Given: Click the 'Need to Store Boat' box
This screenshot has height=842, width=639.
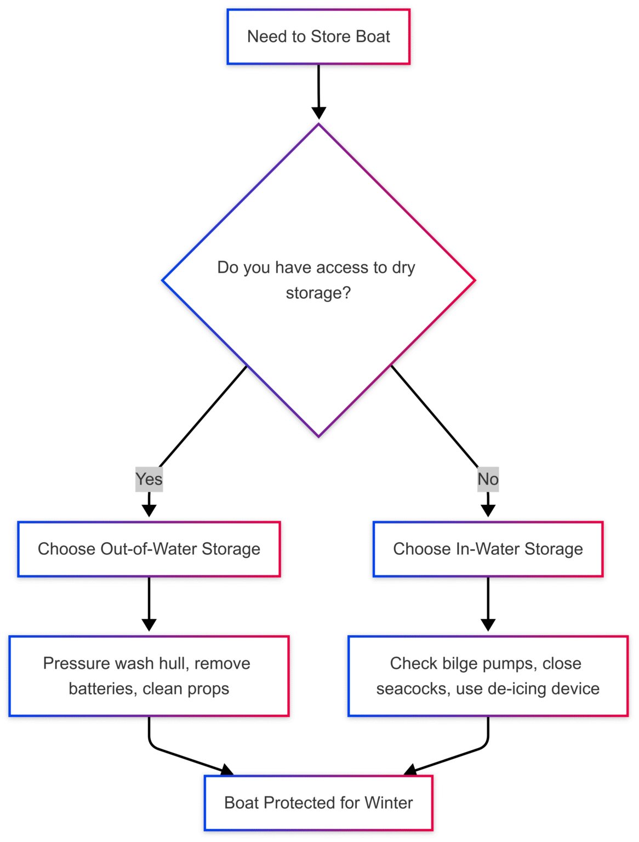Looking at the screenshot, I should (318, 37).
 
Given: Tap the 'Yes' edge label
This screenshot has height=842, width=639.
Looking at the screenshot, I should (149, 479).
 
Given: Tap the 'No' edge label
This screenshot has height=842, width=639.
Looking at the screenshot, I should (488, 479).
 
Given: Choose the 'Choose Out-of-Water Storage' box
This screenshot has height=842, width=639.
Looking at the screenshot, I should (149, 549).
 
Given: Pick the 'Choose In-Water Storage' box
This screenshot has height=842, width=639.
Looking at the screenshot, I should (488, 549).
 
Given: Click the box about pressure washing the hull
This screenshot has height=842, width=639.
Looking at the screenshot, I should (149, 676).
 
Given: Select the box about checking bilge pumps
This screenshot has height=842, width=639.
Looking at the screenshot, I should (488, 676).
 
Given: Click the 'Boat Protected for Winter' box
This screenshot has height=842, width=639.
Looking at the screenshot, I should (318, 803).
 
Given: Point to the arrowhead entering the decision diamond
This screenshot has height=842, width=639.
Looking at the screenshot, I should (318, 113).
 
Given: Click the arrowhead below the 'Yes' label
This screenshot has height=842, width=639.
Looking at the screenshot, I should (149, 510).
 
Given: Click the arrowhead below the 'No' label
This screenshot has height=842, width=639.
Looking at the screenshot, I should (488, 510).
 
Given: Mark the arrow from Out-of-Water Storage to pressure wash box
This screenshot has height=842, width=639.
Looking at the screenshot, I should (149, 603).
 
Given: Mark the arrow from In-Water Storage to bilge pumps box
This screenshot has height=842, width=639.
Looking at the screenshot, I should (488, 603).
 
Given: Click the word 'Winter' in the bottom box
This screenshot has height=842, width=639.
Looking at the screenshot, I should (389, 803).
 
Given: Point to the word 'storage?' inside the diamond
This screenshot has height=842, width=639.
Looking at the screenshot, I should (318, 293).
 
